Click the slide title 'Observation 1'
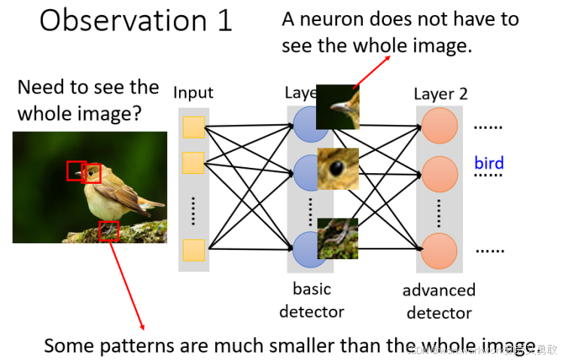pos(135,20)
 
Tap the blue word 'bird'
pos(488,163)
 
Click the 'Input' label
pos(193,93)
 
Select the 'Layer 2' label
pos(440,94)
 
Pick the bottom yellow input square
pos(193,250)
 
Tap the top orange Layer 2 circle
pos(440,127)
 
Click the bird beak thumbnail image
pos(337,106)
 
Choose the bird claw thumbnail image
pos(337,238)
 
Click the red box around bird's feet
pos(109,230)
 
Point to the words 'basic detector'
pos(312,300)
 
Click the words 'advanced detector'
pos(439,301)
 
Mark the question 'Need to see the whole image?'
pos(87,100)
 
